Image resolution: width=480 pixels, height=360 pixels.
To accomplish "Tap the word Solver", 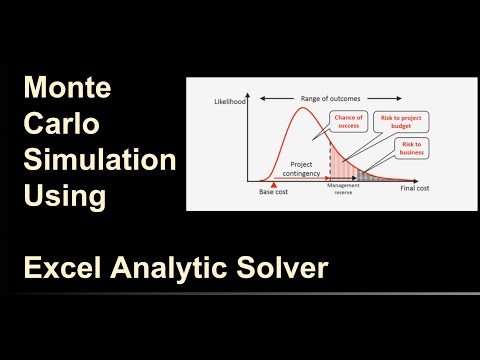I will point(285,267).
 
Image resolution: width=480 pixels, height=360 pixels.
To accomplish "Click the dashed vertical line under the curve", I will point(331,160).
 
